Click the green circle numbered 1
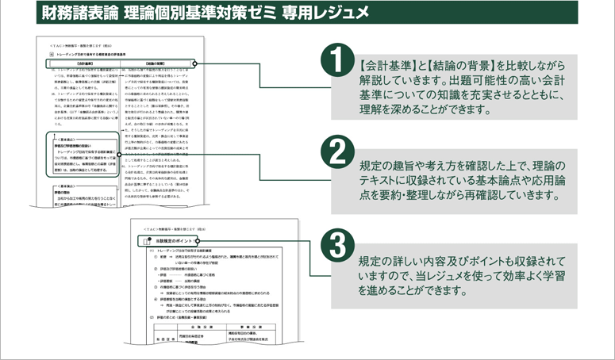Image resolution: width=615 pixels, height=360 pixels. pyautogui.click(x=336, y=61)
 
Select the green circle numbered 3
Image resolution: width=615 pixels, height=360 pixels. pyautogui.click(x=336, y=241)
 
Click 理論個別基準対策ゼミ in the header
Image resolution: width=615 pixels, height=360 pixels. pyautogui.click(x=197, y=13)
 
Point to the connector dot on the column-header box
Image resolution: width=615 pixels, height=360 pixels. pyautogui.click(x=195, y=63)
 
